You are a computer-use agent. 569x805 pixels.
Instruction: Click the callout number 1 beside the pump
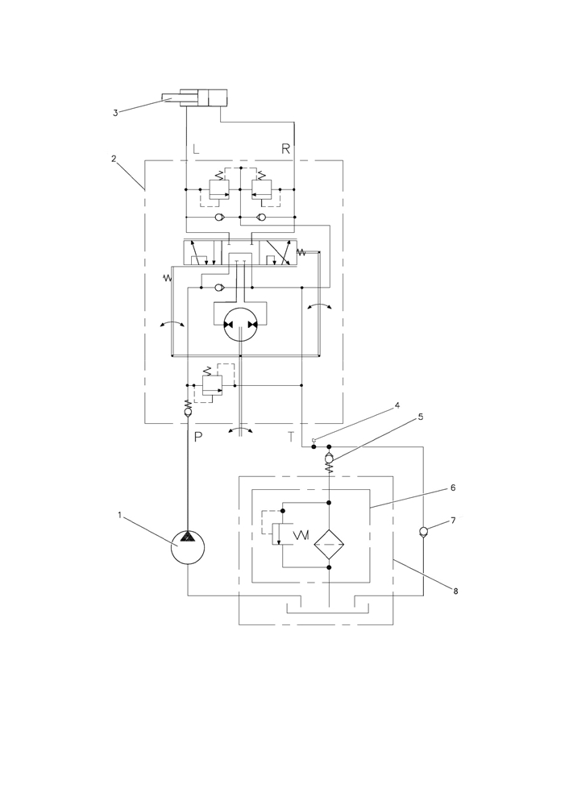click(x=119, y=516)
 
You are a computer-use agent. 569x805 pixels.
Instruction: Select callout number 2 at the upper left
click(x=114, y=159)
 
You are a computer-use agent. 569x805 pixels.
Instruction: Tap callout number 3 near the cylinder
click(x=115, y=113)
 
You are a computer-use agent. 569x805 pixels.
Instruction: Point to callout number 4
click(x=397, y=405)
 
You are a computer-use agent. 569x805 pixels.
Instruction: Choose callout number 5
click(x=421, y=417)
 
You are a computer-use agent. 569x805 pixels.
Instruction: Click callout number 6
click(x=453, y=488)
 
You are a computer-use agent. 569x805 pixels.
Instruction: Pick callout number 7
click(x=453, y=521)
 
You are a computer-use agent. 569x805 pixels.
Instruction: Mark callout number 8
click(x=455, y=591)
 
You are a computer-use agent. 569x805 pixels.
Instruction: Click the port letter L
click(x=196, y=149)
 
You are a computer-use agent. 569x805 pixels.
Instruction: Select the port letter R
click(x=286, y=149)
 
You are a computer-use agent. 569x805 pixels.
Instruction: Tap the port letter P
click(x=199, y=438)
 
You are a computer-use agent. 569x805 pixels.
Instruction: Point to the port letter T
click(x=291, y=438)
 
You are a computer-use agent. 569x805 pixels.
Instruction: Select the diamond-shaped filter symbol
click(x=329, y=545)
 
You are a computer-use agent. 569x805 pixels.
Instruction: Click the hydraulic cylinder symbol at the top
click(x=194, y=98)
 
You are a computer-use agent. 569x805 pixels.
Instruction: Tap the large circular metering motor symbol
click(x=240, y=325)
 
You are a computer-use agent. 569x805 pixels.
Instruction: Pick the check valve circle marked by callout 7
click(x=423, y=531)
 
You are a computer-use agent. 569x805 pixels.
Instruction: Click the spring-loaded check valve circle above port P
click(x=188, y=413)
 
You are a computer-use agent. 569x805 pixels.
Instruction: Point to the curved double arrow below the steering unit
click(x=240, y=430)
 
